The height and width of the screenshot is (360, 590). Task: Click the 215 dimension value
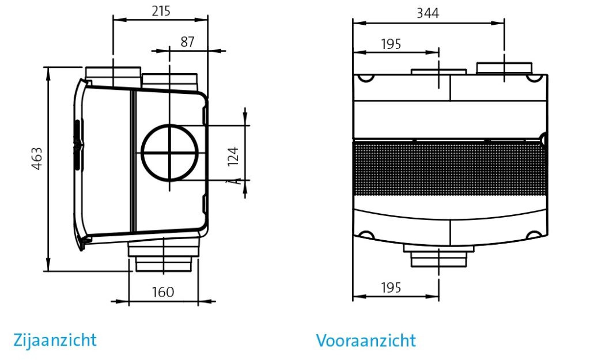click(161, 11)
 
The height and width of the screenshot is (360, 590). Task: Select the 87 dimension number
click(187, 41)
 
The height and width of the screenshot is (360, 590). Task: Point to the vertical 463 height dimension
click(37, 159)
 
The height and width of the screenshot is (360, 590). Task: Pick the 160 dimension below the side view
click(163, 292)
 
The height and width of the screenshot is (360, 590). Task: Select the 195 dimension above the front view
click(391, 44)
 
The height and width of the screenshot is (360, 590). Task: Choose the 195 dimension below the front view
click(391, 287)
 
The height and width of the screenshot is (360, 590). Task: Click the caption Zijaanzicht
click(55, 340)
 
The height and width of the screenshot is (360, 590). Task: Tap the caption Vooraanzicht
click(366, 340)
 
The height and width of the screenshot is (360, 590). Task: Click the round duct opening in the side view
click(170, 153)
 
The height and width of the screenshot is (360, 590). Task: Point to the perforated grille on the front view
click(449, 168)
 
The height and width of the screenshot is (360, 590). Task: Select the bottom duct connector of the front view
click(440, 256)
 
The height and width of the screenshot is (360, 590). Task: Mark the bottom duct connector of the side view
click(164, 256)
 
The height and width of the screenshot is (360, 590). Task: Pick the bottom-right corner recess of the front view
click(535, 234)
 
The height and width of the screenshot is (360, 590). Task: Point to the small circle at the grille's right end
click(543, 139)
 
